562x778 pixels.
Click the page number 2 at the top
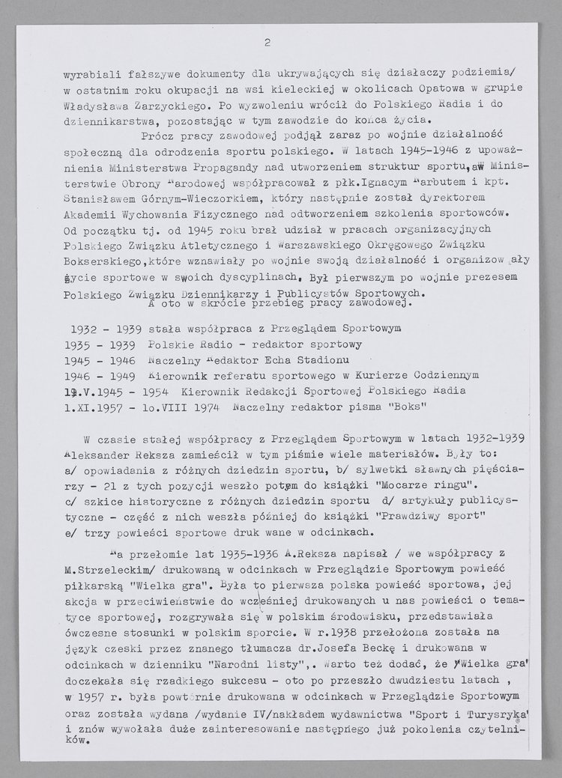[x=268, y=43]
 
